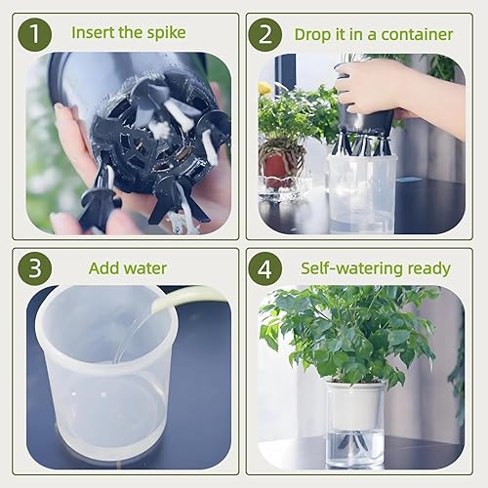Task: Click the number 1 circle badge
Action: click(x=36, y=34)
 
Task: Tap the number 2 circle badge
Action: click(x=264, y=34)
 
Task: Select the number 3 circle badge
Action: click(x=36, y=267)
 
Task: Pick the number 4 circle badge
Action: click(x=264, y=267)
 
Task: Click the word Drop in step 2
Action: click(x=315, y=34)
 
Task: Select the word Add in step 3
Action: click(x=104, y=267)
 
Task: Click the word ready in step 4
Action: click(x=427, y=267)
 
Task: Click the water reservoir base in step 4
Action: click(x=354, y=444)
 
